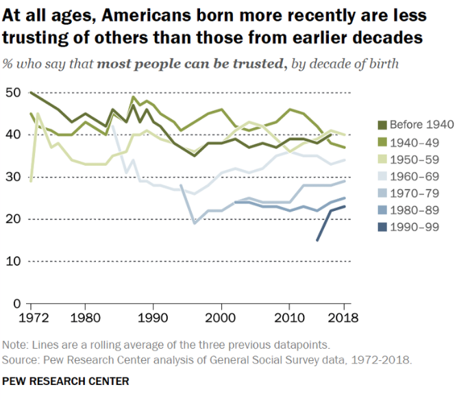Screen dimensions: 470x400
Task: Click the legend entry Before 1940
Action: pos(422,125)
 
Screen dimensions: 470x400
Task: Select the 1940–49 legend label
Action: pos(415,143)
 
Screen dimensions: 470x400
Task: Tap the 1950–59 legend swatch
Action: pos(382,160)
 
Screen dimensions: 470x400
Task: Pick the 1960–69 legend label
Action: pos(415,177)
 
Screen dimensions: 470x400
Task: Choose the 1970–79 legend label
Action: pos(415,193)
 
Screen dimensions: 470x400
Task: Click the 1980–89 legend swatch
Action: pos(382,210)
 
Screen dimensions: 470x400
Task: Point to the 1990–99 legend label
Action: pos(415,227)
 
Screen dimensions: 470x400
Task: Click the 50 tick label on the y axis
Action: pos(14,92)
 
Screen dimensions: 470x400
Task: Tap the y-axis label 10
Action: pos(14,261)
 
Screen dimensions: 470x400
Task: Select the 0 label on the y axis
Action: pos(17,303)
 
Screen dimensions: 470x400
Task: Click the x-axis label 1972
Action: pos(34,318)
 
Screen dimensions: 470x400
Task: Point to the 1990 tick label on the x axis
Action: pos(153,318)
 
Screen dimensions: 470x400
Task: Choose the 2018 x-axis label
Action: pos(343,318)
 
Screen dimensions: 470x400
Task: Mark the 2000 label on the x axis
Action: pos(221,318)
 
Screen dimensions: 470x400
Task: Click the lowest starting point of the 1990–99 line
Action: pos(317,240)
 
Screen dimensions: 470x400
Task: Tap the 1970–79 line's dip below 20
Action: pos(195,223)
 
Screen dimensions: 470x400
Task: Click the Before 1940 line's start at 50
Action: pos(31,93)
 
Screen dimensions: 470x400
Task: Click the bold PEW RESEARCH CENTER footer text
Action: pos(66,381)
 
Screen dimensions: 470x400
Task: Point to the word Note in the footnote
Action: pos(14,345)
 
